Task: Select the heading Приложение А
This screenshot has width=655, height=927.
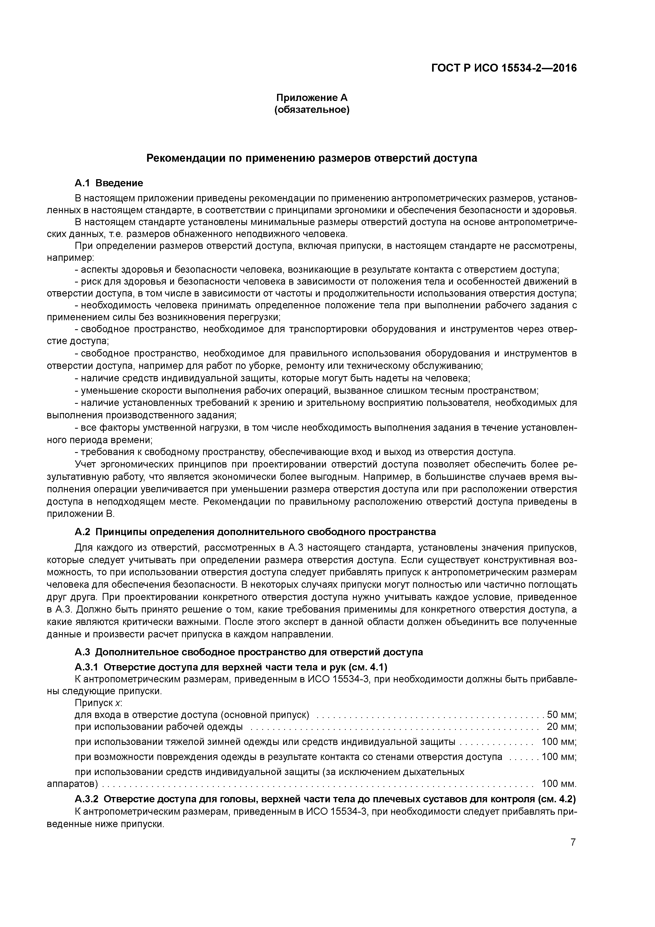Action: pos(312,98)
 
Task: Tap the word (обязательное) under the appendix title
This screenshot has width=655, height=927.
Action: pos(312,109)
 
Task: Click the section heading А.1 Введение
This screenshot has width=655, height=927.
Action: pos(109,183)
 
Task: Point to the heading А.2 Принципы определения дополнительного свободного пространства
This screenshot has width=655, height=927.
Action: pos(255,532)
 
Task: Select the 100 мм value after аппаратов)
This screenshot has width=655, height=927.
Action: pos(559,784)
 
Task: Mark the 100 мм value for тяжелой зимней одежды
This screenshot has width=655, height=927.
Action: pos(559,742)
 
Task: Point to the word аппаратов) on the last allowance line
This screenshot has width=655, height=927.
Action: pos(73,784)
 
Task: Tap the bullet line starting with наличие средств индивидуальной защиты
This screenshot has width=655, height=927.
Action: pos(272,378)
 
